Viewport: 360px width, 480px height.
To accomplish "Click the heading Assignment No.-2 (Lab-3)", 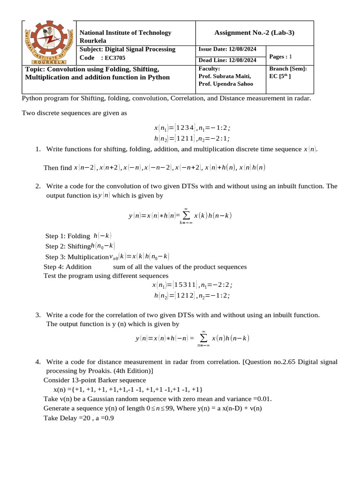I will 254,32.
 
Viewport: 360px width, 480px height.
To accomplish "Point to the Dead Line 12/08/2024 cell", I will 227,60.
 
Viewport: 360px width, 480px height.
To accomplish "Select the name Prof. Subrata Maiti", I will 225,76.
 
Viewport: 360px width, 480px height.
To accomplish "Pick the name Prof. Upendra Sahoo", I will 225,83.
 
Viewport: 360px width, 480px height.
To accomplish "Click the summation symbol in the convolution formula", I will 186,216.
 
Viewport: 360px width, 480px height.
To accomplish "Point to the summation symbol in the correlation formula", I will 203,338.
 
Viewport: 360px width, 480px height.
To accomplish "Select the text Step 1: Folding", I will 67,236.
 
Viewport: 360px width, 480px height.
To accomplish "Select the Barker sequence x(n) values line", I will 127,389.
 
